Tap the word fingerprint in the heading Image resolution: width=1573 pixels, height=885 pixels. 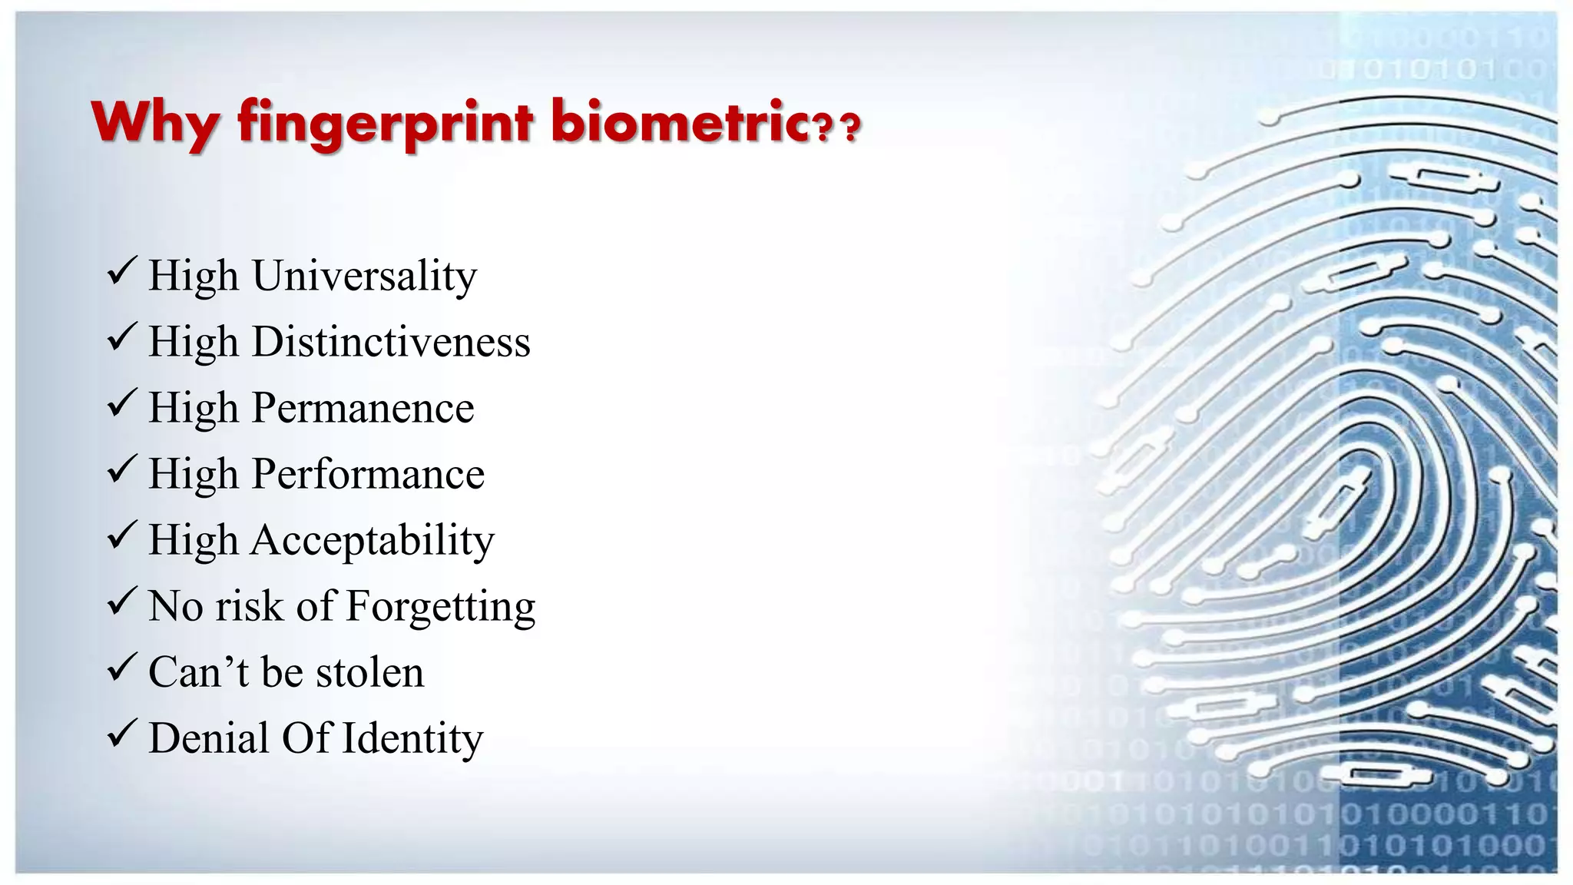click(385, 123)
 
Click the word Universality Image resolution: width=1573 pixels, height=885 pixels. click(364, 276)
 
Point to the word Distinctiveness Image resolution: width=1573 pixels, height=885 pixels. click(391, 342)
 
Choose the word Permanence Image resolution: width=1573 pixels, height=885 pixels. click(363, 408)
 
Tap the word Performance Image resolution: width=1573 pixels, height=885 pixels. click(368, 474)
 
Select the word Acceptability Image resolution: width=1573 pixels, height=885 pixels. click(373, 540)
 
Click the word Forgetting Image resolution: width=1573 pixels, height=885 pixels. click(440, 606)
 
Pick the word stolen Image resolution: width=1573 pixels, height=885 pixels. click(369, 672)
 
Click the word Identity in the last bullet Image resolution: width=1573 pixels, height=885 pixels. click(412, 738)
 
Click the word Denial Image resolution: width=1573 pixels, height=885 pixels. click(208, 738)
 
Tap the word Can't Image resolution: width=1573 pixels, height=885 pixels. click(198, 672)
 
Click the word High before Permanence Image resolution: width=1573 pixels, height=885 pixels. click(193, 408)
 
